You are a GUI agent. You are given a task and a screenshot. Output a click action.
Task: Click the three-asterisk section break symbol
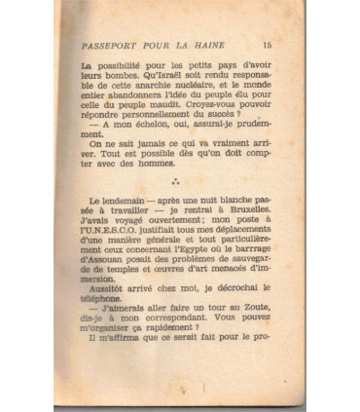pyautogui.click(x=175, y=206)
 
